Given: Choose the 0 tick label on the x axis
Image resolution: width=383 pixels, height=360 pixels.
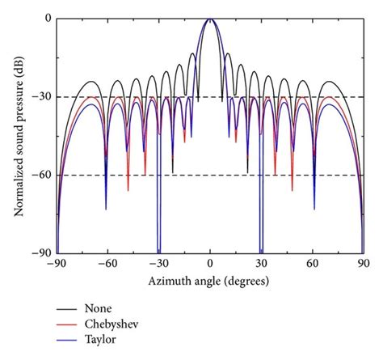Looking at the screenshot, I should tap(210, 265).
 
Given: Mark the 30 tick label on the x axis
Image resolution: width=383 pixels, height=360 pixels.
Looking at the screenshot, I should tap(261, 265).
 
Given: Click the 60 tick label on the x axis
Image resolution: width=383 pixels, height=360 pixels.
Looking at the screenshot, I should tap(313, 265).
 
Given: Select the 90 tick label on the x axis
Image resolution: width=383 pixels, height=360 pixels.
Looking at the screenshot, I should tap(364, 265).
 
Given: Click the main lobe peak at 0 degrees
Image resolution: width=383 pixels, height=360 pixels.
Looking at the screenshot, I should tap(210, 19).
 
